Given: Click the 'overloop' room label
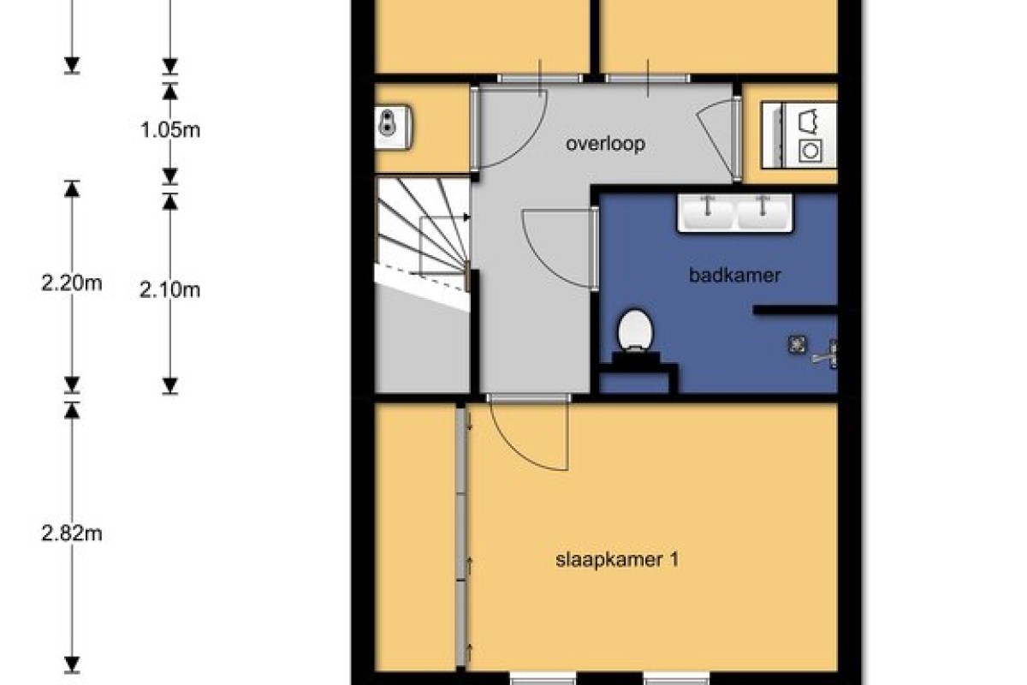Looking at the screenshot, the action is coord(605,144).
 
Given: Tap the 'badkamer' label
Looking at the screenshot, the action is coord(734,276).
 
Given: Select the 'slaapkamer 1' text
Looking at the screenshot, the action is coord(617,560).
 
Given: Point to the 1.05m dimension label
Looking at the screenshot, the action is coord(170,130).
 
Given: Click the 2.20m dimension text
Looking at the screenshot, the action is coord(72,283).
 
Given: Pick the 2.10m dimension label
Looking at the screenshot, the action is coord(169,290).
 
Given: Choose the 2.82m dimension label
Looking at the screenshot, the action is coord(72,533).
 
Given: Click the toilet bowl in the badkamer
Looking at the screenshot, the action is coord(635,330).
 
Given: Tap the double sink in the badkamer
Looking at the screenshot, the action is coord(734,213).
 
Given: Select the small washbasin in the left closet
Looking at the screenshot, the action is coord(393,127).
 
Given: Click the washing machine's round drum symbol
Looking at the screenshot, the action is coord(810,151).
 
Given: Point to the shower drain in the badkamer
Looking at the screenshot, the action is coord(798,344).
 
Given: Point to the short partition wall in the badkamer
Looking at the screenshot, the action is coord(795,310).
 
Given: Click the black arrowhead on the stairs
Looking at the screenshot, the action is coord(467,217).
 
